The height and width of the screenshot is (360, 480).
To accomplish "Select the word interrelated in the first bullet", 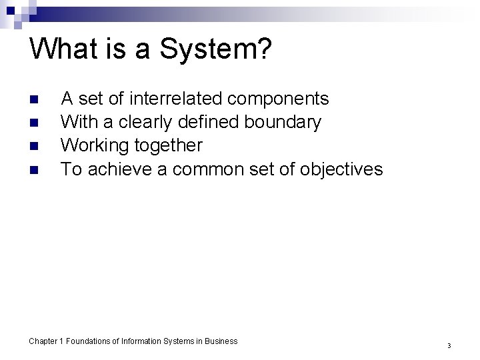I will coord(176,99).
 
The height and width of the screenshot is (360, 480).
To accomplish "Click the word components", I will coord(278,99).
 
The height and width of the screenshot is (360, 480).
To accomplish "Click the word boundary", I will coord(284,123).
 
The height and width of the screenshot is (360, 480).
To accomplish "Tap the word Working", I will coord(95,146).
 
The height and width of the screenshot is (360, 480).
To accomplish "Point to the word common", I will coord(203,169).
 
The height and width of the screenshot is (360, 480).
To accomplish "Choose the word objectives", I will coord(341,169).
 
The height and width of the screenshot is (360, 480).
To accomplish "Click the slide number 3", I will coord(449,346).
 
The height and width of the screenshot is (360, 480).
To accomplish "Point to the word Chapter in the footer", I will coord(43,341).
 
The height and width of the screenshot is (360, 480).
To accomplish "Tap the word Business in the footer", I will coord(221,341).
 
